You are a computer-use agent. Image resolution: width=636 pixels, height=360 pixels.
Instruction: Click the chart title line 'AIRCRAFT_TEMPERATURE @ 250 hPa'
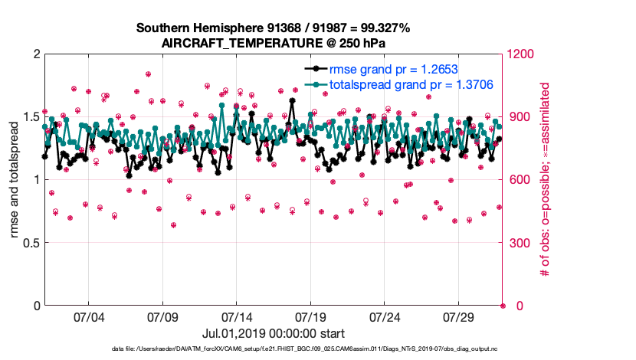point(274,43)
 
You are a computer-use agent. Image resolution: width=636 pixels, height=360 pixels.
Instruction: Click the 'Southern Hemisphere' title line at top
point(274,28)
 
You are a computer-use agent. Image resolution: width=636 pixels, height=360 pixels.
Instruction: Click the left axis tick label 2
point(35,54)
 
